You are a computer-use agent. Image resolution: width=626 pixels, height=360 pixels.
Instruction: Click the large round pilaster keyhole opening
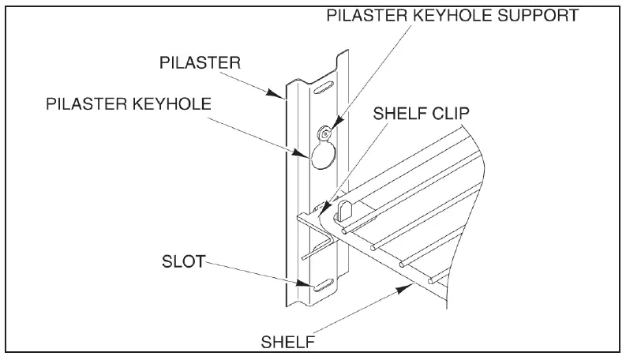point(322,156)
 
